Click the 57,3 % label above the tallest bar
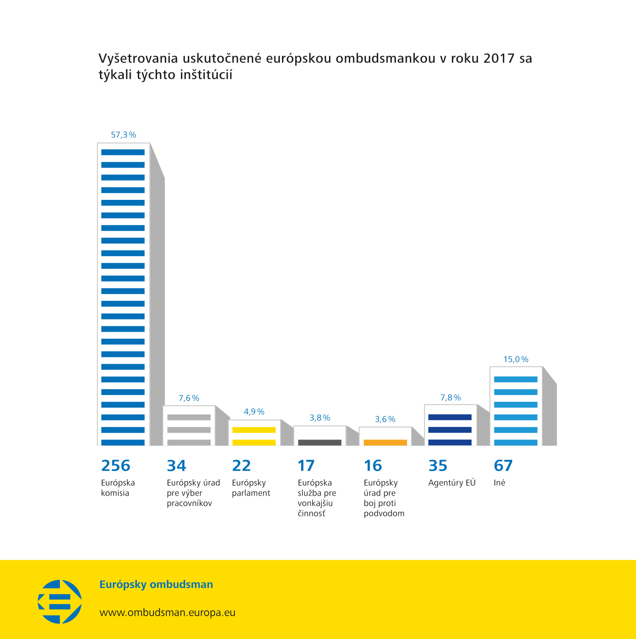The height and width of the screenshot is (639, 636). pos(123,135)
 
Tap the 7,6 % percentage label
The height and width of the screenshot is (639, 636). pos(189,398)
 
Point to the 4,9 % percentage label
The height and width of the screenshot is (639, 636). pos(254,412)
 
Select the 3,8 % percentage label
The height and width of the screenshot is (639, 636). pos(320,418)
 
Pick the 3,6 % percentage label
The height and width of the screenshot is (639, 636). pos(385,419)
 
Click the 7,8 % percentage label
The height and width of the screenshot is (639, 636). pos(450,398)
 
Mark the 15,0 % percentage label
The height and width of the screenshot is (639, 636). pos(516,359)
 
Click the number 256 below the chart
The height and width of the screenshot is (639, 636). pos(115,466)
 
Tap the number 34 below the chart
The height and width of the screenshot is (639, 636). pos(176,466)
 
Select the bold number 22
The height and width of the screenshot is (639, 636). pos(241,466)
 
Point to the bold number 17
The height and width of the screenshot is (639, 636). pos(306,466)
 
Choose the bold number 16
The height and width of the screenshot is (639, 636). pos(373,466)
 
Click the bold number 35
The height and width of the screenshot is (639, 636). pos(438,466)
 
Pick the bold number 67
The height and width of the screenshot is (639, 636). pos(503,466)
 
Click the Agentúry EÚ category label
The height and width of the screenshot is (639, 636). pos(452,483)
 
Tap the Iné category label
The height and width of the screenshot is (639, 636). pos(499,483)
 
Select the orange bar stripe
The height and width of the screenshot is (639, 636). pos(385,443)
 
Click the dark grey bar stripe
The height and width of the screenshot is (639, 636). pos(320,443)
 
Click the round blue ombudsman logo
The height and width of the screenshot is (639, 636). pos(60,602)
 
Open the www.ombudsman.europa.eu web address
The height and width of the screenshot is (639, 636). pos(167,613)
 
